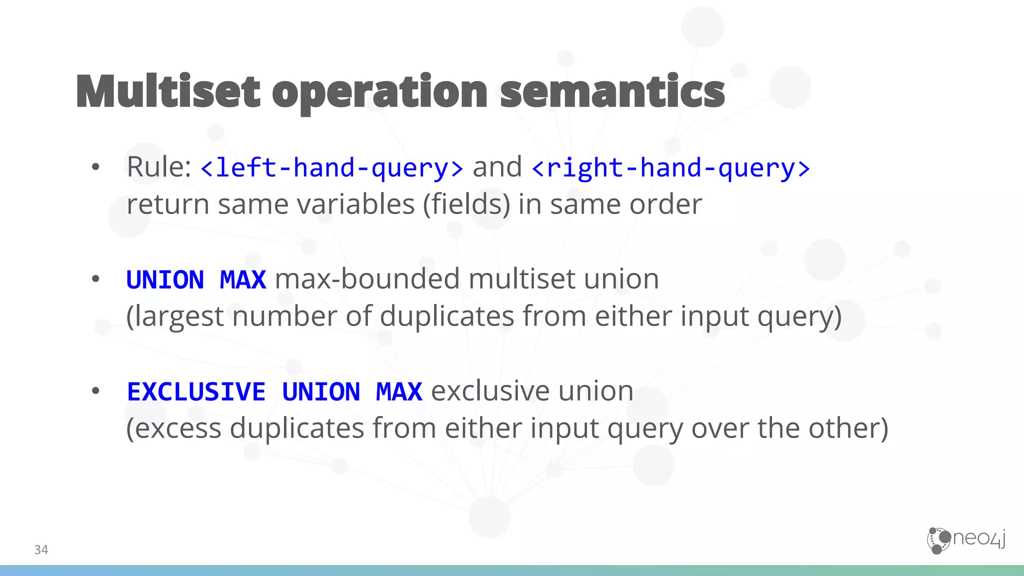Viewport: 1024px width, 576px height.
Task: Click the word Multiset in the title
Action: pyautogui.click(x=168, y=91)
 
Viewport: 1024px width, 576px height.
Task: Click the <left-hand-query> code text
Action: pyautogui.click(x=331, y=168)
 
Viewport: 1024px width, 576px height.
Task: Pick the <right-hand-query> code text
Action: pyautogui.click(x=670, y=168)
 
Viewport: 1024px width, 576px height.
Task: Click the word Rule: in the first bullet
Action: pyautogui.click(x=159, y=167)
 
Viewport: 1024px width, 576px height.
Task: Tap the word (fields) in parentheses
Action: pyautogui.click(x=466, y=204)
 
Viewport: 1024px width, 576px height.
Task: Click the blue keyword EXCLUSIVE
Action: pyautogui.click(x=196, y=391)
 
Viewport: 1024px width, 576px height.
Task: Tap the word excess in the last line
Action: pyautogui.click(x=178, y=428)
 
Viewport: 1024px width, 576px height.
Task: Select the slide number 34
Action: pyautogui.click(x=41, y=550)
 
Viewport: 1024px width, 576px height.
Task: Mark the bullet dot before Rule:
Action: pyautogui.click(x=95, y=167)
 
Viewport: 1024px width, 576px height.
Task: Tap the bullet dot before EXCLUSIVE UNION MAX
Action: pyautogui.click(x=95, y=391)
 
